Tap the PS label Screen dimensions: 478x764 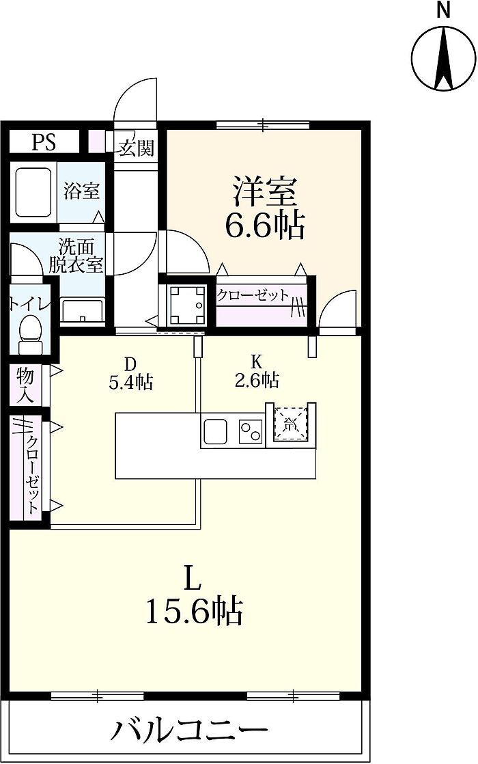pos(44,142)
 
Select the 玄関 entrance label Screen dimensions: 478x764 pos(137,148)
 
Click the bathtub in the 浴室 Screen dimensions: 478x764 pos(33,193)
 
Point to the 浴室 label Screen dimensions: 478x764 pos(81,191)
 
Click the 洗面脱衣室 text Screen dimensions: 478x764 pos(76,256)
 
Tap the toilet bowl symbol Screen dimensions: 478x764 pos(30,333)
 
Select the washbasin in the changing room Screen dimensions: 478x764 pos(82,311)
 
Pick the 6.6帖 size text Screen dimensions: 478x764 pos(264,225)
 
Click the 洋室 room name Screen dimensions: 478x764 pos(264,191)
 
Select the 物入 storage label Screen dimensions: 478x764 pos(25,385)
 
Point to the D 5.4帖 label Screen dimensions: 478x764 pos(130,372)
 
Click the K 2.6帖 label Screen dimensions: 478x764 pos(257,371)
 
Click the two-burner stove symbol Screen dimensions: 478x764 pos(250,431)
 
